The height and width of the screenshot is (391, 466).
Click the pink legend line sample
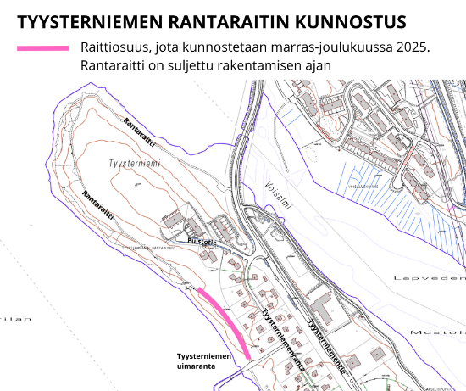(42, 48)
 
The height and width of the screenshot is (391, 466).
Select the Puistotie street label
(202, 242)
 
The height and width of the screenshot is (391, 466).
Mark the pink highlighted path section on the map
(226, 321)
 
